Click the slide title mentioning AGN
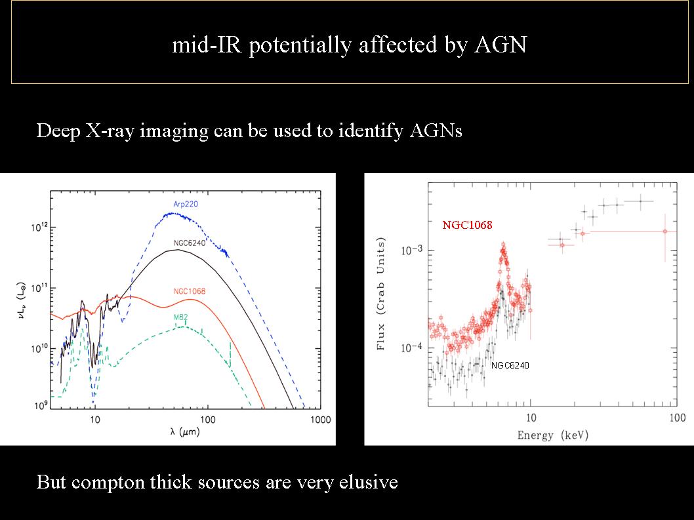[348, 45]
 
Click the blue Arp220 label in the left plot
[186, 205]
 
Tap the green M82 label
[181, 317]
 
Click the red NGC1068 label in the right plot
[467, 225]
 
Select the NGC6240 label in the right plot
[510, 365]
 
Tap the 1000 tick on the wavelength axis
[319, 420]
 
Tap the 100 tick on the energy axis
[677, 418]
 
